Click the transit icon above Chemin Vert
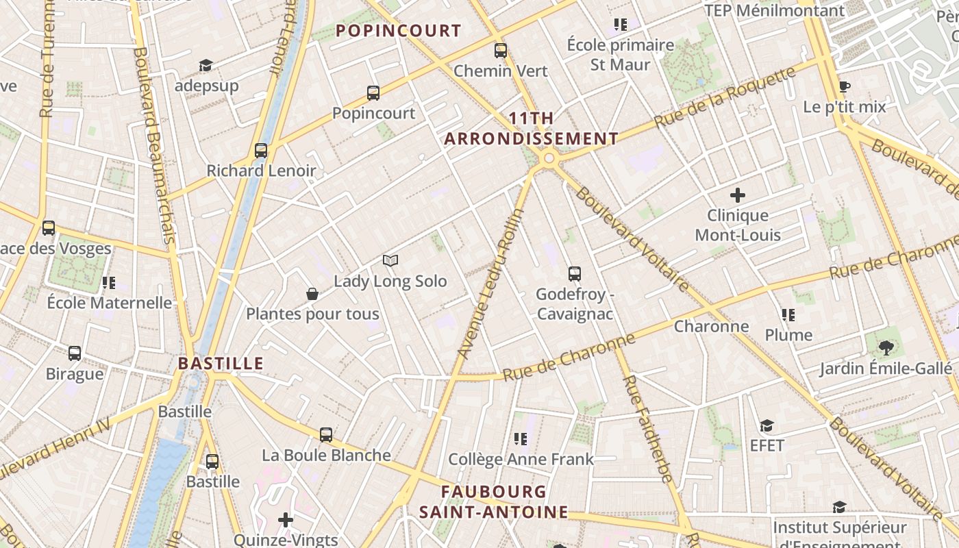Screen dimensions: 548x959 pos(501,50)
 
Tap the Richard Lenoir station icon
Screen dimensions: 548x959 pos(260,151)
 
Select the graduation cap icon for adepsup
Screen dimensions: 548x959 pos(206,65)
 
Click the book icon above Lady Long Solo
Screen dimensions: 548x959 pos(390,260)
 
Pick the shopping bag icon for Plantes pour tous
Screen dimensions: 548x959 pos(312,294)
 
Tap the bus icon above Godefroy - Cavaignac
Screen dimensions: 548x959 pos(575,274)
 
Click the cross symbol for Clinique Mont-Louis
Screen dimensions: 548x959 pos(738,195)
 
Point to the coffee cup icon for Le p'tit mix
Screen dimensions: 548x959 pos(845,87)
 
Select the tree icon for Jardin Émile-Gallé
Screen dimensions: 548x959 pos(886,347)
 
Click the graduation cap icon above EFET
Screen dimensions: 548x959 pos(767,426)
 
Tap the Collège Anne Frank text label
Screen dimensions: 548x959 pos(521,459)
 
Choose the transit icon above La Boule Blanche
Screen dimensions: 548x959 pos(326,434)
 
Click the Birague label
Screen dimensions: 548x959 pos(75,374)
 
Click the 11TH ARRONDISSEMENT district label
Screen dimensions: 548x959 pos(532,128)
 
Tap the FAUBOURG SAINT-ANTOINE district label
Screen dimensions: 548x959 pos(494,501)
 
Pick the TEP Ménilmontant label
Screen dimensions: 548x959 pos(775,10)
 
